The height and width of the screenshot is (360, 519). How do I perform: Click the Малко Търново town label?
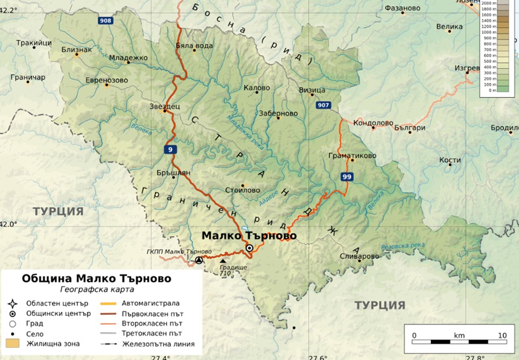[x=248, y=236]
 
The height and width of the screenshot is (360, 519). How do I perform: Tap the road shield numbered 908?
[x=105, y=21]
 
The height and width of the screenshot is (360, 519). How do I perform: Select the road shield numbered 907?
[x=323, y=105]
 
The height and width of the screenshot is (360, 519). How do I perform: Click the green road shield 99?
[x=347, y=176]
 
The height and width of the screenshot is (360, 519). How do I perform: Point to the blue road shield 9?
[x=169, y=150]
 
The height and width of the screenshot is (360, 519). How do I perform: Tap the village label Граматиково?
[x=352, y=156]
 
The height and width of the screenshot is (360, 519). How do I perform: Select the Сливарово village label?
[x=359, y=256]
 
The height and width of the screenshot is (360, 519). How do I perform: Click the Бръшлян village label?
[x=174, y=173]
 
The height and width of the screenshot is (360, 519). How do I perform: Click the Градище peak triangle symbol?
[x=224, y=261]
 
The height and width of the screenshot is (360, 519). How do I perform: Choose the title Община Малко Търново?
[x=97, y=278]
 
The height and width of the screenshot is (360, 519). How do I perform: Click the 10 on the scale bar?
[x=501, y=335]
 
